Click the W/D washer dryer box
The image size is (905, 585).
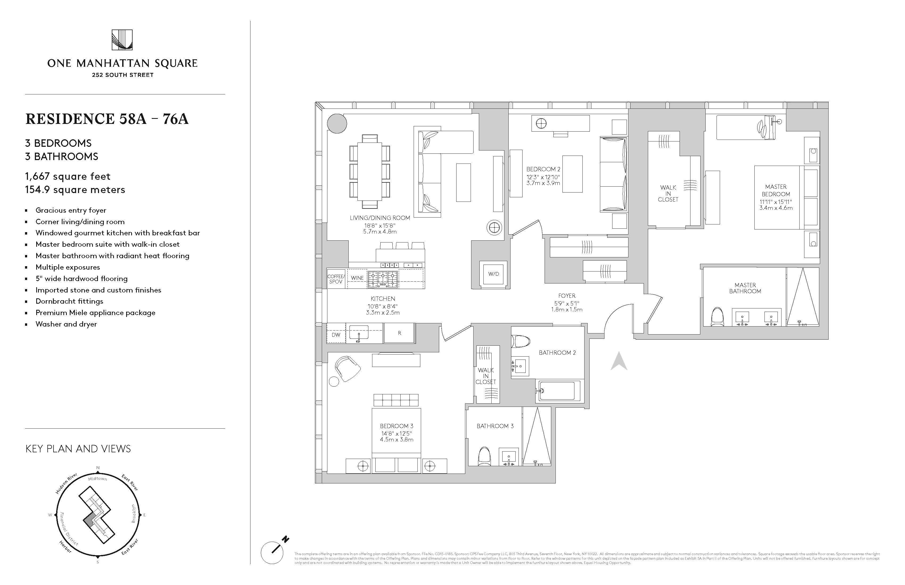click(493, 274)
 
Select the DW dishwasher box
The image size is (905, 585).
click(336, 335)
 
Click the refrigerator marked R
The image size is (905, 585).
click(399, 333)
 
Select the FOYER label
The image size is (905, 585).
click(567, 295)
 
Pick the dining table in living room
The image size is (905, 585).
click(369, 171)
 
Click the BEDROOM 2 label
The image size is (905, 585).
click(543, 169)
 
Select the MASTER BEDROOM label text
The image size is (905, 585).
click(776, 190)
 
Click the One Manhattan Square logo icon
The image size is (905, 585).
click(122, 40)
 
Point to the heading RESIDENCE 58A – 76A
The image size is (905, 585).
click(107, 119)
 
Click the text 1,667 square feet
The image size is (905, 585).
click(68, 176)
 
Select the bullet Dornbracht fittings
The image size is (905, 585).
click(69, 301)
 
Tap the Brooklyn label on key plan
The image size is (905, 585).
click(133, 513)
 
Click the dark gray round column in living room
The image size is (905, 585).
click(337, 123)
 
